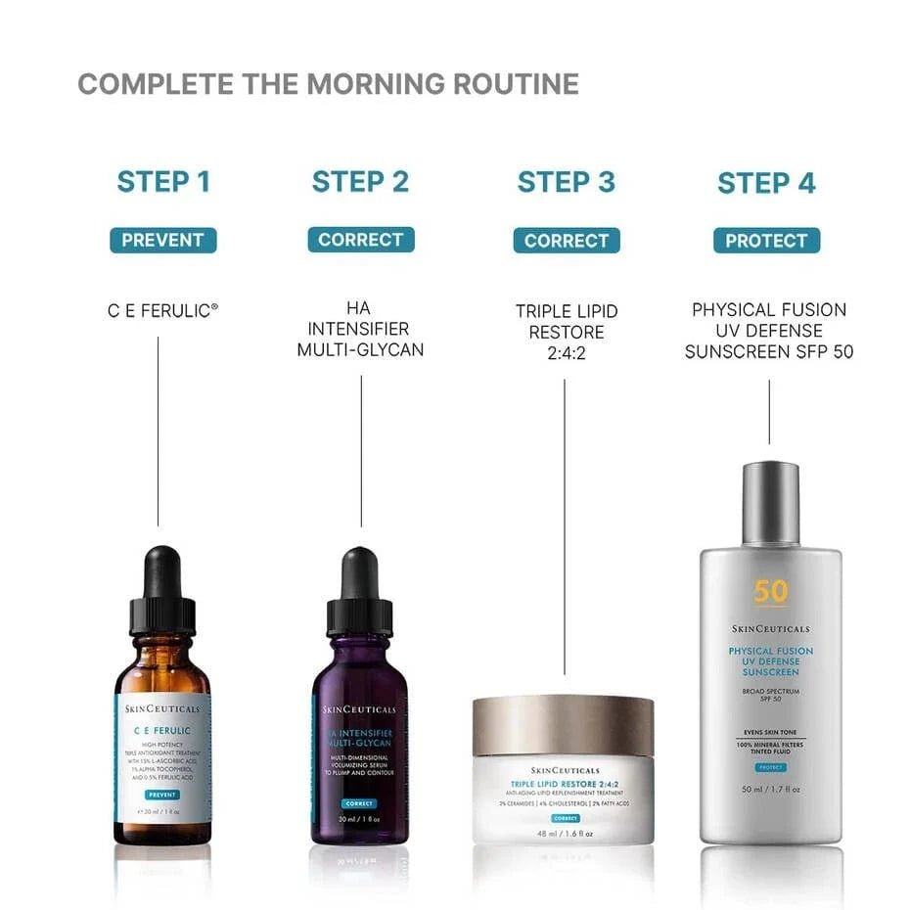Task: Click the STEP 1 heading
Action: pos(163,182)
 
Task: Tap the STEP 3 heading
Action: pos(566,182)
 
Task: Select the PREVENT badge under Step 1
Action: pos(163,240)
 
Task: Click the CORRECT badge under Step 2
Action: pos(361,240)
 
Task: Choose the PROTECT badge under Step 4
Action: pos(766,241)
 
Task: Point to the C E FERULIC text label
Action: pos(163,311)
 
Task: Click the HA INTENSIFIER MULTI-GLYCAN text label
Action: pos(361,329)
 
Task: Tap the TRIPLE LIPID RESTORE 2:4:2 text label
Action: pos(566,331)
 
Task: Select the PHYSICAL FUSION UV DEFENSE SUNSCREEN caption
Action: pos(768,331)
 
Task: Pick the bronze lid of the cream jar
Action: pos(563,725)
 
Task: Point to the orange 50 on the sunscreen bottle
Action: pos(770,592)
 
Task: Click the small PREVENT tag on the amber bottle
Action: pos(162,795)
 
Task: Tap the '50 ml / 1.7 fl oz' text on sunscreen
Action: pos(770,789)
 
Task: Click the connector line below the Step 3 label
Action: pos(565,528)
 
